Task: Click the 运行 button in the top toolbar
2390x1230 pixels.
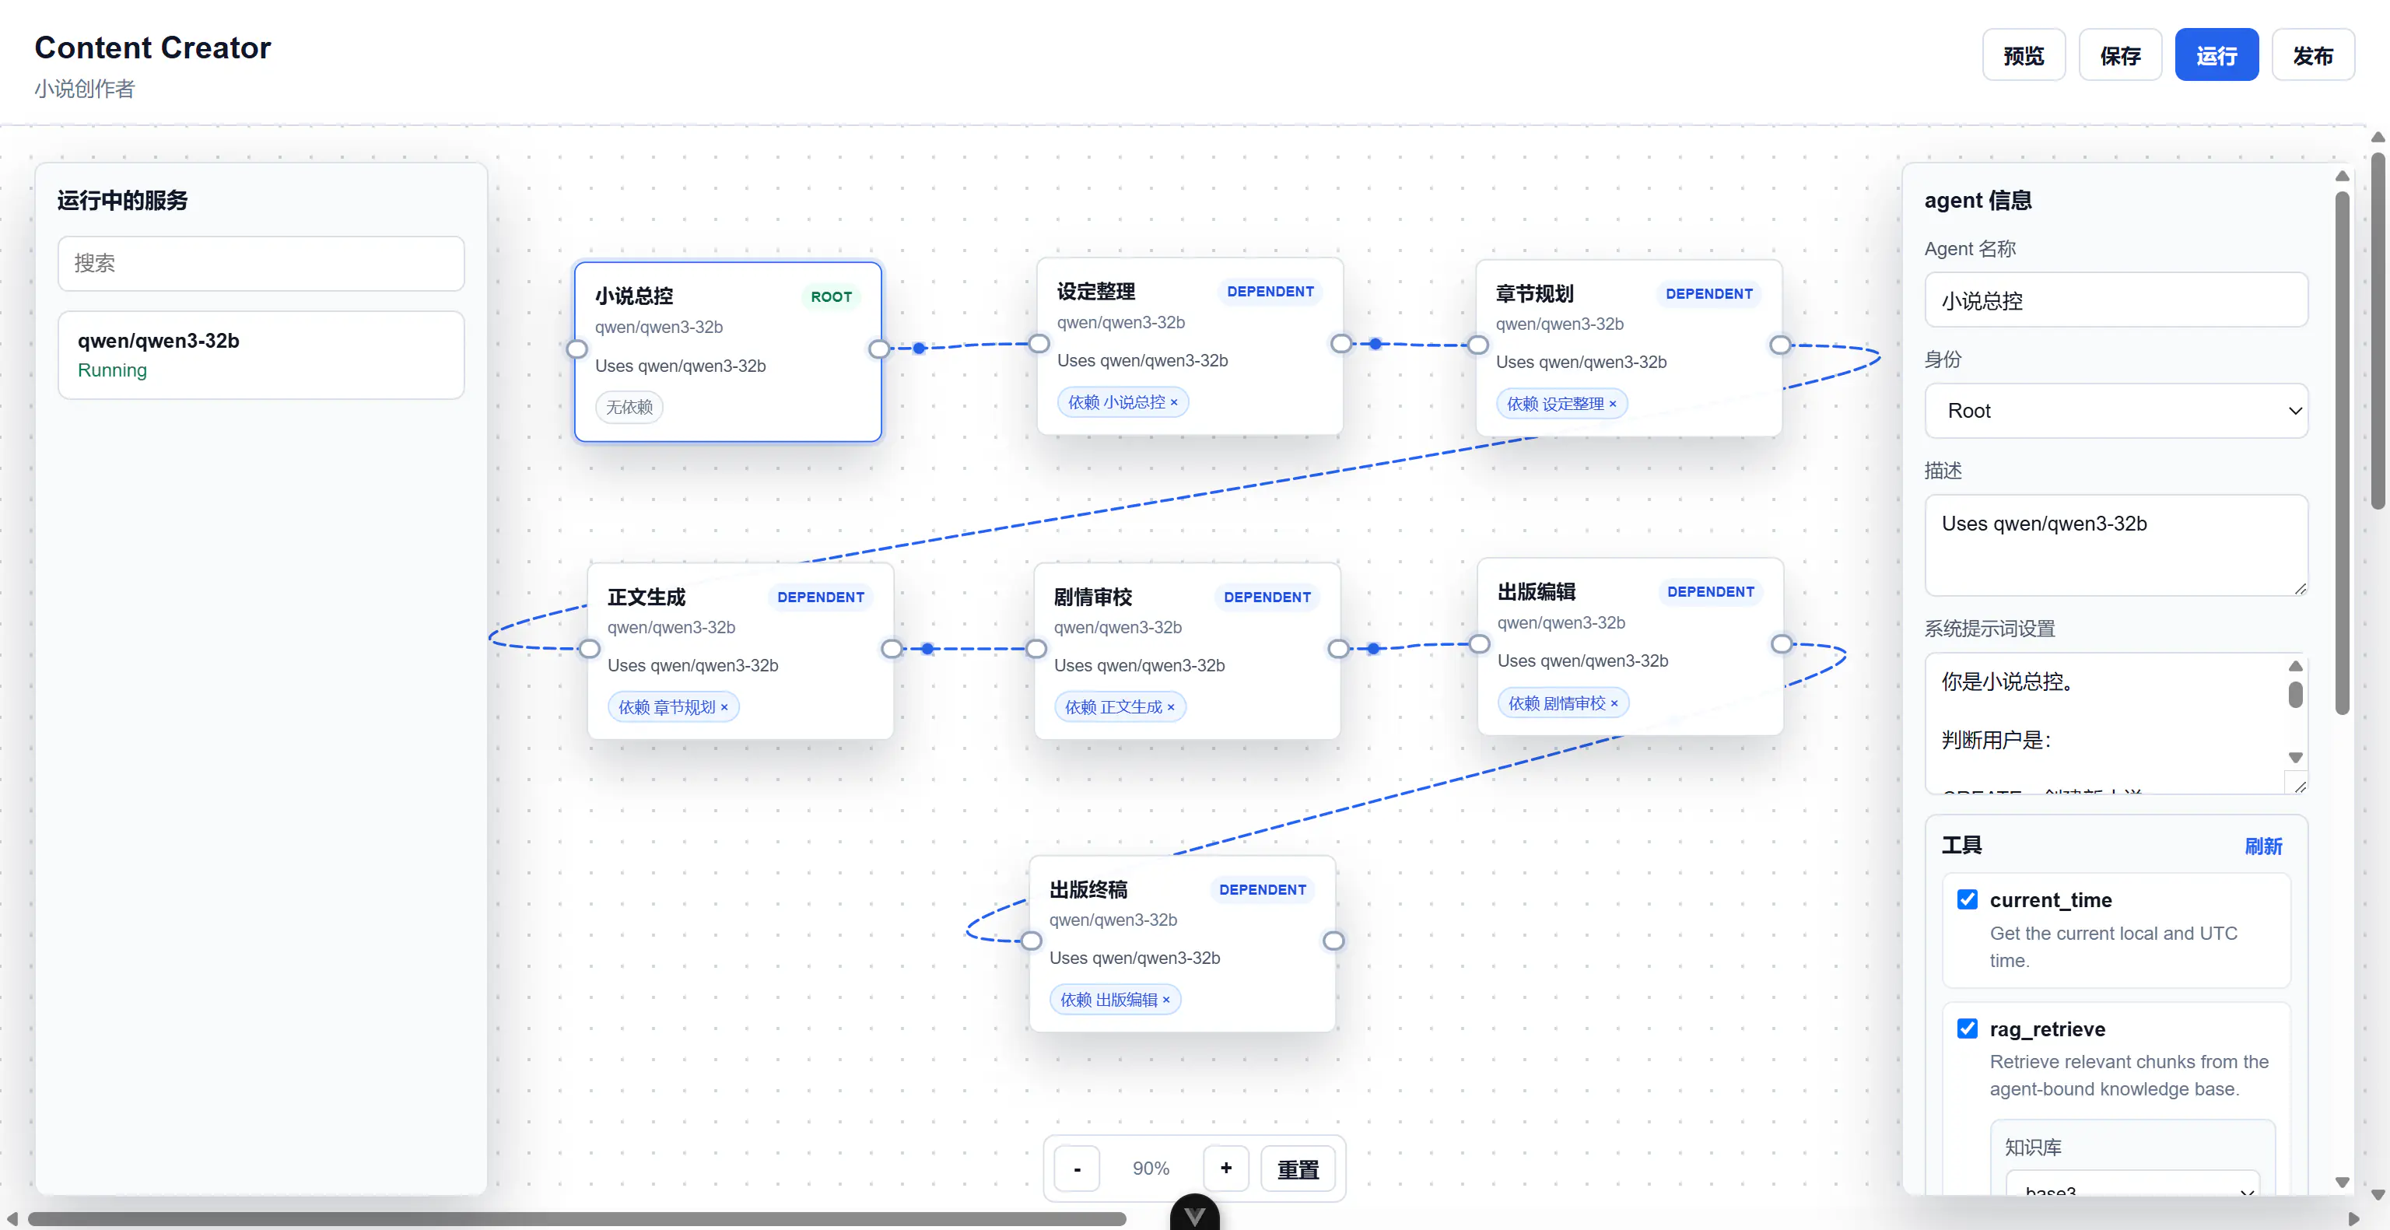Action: click(2216, 56)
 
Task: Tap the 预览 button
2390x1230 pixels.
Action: click(2024, 56)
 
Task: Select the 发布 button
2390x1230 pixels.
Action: click(2312, 56)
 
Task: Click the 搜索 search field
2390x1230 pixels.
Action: click(261, 264)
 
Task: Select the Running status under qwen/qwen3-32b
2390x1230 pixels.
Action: click(112, 370)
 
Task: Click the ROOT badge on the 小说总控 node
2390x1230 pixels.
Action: click(832, 297)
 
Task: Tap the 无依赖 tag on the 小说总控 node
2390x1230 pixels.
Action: click(629, 407)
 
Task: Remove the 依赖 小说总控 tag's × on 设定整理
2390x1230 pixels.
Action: click(1174, 402)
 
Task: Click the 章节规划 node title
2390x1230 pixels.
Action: click(1534, 294)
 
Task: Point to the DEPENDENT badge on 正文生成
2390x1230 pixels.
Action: click(821, 597)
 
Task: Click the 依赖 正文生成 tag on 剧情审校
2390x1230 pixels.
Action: click(1120, 707)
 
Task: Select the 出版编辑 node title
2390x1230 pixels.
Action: click(1537, 592)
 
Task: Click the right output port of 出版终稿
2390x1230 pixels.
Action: click(1333, 941)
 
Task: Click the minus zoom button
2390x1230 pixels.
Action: click(1078, 1169)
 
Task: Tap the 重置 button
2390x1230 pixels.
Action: click(1298, 1169)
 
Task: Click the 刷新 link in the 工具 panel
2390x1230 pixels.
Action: click(2263, 846)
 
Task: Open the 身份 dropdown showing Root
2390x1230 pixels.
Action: click(2116, 411)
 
